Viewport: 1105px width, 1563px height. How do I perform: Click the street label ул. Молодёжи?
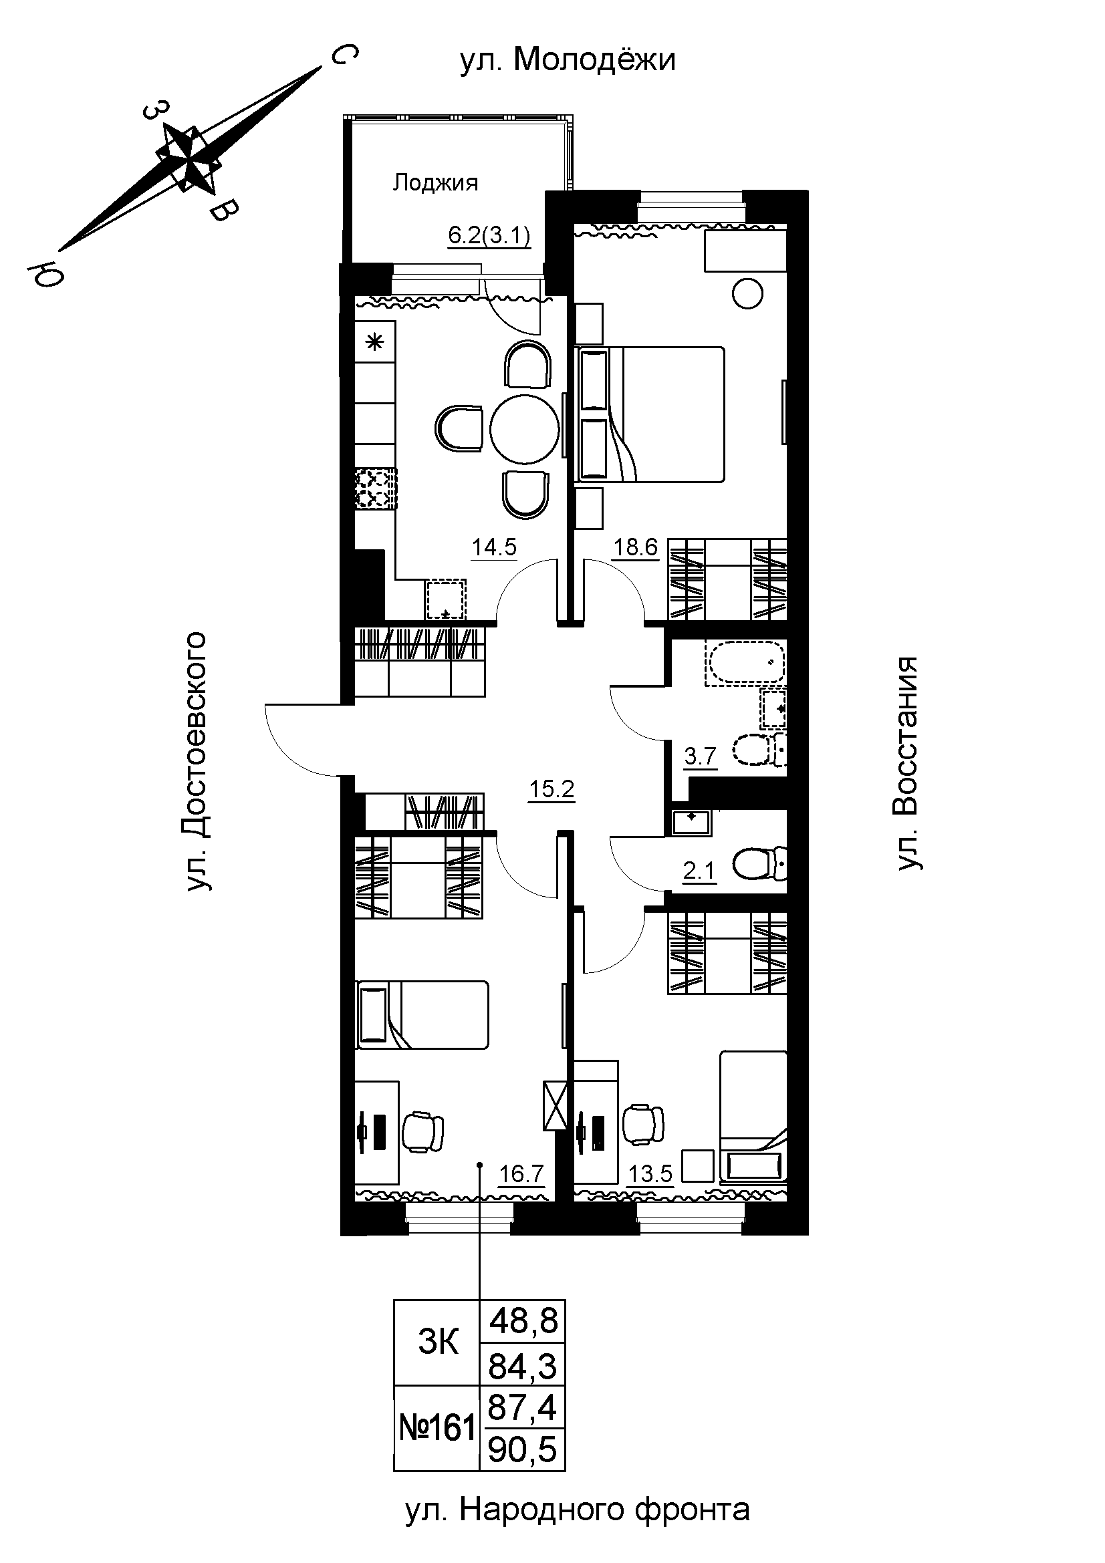(568, 60)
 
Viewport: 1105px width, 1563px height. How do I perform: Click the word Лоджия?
(436, 182)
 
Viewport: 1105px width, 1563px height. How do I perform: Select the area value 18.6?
(636, 547)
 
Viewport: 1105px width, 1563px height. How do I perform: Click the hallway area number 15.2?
(552, 790)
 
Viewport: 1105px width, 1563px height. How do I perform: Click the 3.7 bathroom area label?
(701, 756)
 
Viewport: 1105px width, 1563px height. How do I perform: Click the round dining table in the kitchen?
(525, 430)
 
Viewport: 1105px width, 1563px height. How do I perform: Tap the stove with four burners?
(375, 489)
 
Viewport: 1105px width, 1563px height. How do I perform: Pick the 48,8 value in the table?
(523, 1321)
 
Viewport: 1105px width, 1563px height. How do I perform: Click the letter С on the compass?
(344, 57)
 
